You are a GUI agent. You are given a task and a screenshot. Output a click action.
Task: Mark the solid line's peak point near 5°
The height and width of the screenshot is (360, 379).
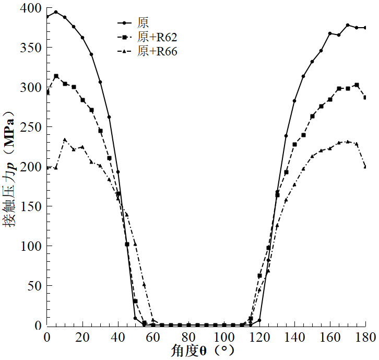[x=56, y=12]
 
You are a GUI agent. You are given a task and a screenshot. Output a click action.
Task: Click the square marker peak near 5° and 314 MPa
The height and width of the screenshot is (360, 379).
[x=56, y=76]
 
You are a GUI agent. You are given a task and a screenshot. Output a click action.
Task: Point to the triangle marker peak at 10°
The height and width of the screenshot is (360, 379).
[x=65, y=140]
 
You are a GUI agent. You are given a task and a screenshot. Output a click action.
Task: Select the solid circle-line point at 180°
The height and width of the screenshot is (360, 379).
[x=365, y=28]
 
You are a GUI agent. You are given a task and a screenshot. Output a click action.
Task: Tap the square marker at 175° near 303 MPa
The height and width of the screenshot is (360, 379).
[x=357, y=85]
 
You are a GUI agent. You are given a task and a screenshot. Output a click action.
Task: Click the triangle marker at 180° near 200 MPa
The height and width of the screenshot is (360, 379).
[x=365, y=167]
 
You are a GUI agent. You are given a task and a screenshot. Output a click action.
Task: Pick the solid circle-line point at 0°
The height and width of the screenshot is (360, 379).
[x=47, y=17]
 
